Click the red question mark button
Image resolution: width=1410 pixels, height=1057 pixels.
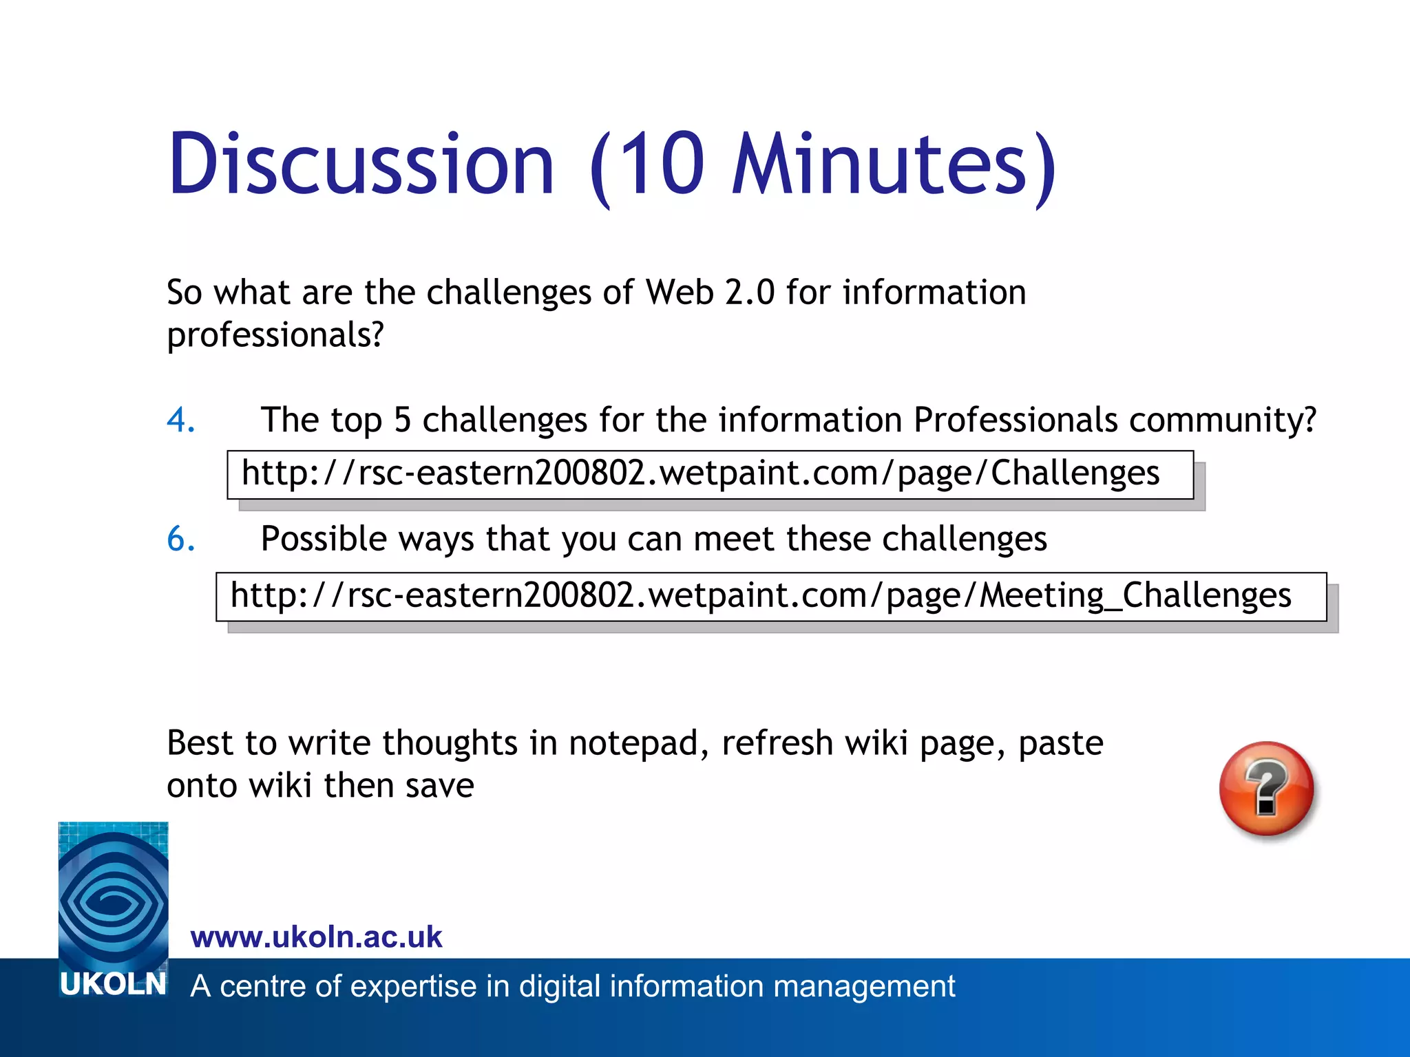(x=1266, y=789)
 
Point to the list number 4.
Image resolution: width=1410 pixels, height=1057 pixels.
(x=180, y=420)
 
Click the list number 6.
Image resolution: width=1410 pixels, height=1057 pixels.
(x=180, y=539)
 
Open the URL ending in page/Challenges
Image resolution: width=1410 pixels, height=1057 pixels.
(x=700, y=473)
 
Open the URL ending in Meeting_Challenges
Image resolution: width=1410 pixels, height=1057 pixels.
(x=760, y=595)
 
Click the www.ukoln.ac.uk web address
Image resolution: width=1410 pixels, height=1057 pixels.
(x=316, y=937)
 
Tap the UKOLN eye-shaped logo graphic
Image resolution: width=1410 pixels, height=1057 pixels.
(x=113, y=895)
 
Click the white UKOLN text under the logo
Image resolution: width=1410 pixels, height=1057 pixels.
(x=113, y=985)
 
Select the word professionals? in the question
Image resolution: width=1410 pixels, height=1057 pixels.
(x=275, y=335)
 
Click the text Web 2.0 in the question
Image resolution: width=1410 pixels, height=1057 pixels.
(x=709, y=292)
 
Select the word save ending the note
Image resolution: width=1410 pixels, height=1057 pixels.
(x=439, y=786)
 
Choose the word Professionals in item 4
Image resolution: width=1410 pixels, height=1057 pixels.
(x=1016, y=420)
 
